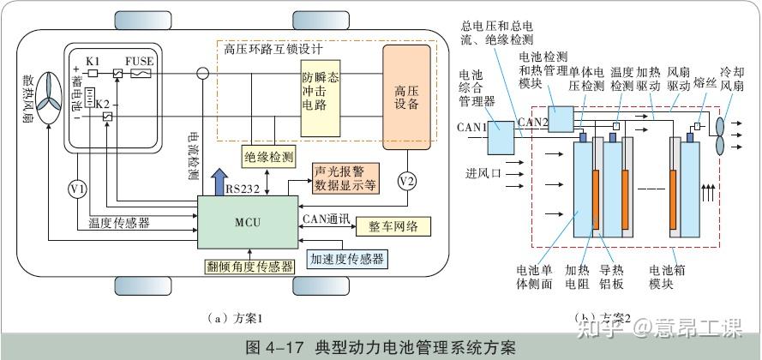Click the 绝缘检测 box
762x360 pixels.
[269, 157]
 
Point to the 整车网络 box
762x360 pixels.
[393, 225]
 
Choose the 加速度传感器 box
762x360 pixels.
[346, 258]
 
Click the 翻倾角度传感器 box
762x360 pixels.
[248, 266]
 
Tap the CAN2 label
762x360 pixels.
[533, 123]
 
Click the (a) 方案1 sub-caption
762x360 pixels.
[233, 318]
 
